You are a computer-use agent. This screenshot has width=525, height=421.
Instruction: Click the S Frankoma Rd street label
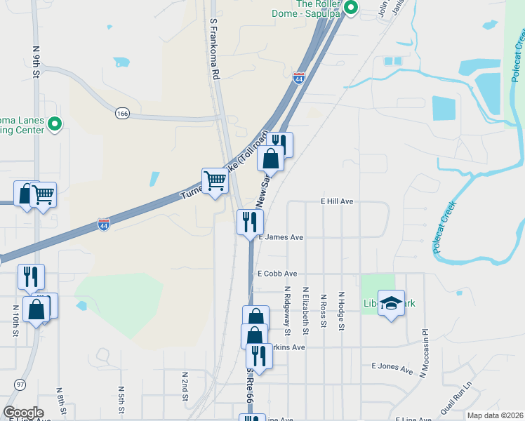(x=215, y=48)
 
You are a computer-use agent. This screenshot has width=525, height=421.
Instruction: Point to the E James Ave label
(x=281, y=237)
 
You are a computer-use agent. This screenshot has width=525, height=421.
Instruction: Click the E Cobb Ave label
(x=277, y=274)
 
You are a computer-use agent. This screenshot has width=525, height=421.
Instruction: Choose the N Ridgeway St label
(x=287, y=306)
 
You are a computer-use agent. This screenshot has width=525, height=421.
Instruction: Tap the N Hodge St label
(x=341, y=309)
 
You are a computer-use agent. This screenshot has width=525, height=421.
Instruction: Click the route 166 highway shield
(x=124, y=112)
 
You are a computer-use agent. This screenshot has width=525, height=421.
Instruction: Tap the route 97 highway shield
(x=20, y=385)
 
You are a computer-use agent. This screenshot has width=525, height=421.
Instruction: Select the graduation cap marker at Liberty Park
(x=392, y=303)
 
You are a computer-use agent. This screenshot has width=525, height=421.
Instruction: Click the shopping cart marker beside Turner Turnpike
(x=215, y=181)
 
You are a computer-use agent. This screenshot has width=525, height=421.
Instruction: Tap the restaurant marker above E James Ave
(x=250, y=222)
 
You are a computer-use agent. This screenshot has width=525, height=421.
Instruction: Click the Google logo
(x=23, y=412)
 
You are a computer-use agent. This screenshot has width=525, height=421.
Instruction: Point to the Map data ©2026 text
(x=495, y=415)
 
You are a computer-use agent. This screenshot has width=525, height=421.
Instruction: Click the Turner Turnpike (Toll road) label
(x=225, y=165)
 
